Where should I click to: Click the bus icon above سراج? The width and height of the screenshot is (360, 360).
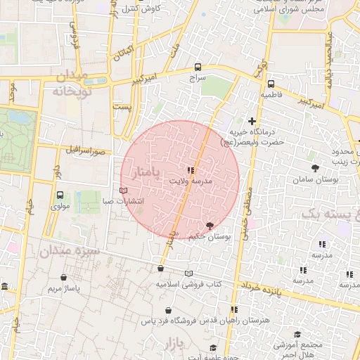point(198,67)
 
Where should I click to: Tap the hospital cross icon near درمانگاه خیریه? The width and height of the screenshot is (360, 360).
point(252,122)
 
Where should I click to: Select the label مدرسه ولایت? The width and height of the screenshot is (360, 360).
point(191,181)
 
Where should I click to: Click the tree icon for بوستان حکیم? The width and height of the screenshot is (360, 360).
point(209,226)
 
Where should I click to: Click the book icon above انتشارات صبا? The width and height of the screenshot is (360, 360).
point(124,191)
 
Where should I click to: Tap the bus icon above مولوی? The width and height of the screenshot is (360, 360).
point(59,195)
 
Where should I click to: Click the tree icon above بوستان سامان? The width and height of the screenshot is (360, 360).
point(314,168)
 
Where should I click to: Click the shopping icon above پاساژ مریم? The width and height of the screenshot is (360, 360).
point(65,278)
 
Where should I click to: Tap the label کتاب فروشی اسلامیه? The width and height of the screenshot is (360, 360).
point(188,284)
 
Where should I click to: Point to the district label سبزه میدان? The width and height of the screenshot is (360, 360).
point(70,250)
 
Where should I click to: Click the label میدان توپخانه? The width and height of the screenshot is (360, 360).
point(69,84)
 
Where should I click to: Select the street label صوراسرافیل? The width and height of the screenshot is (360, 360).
point(86,150)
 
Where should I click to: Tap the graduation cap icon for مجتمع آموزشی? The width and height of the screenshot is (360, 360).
point(297,335)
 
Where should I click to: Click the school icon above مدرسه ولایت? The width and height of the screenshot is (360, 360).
point(191,170)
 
